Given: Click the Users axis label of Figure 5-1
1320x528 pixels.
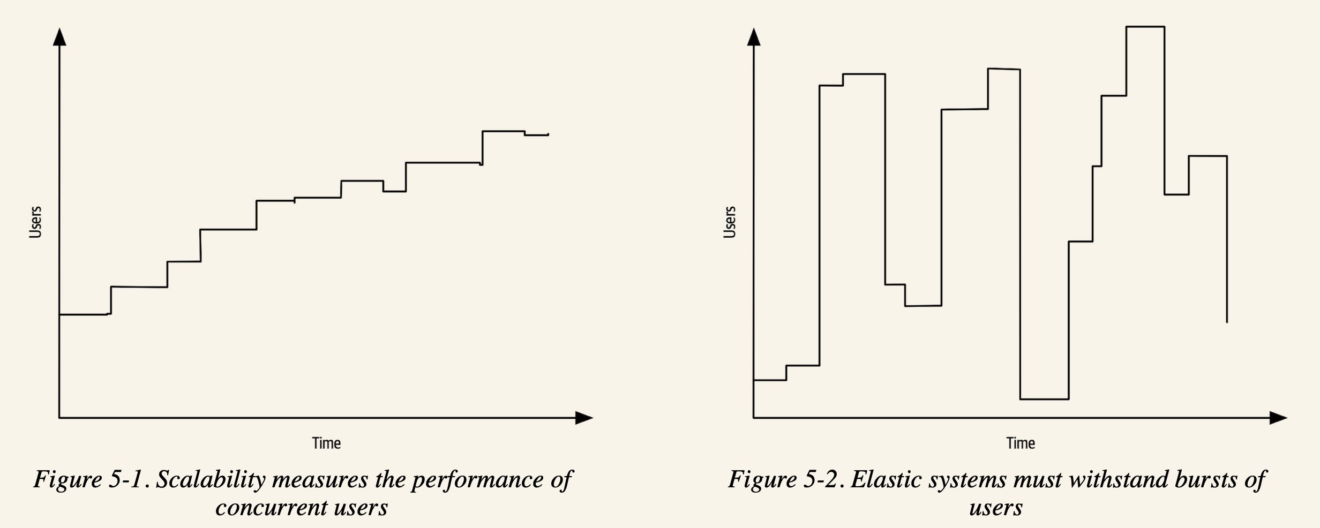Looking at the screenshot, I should (x=35, y=222).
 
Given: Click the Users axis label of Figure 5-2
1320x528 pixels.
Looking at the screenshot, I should (x=730, y=222).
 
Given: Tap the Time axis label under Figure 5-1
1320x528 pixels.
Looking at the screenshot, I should (x=326, y=443).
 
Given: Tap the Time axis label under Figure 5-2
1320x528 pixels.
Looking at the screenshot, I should (x=1021, y=443).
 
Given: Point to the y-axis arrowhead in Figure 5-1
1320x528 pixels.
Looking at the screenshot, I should (x=59, y=37).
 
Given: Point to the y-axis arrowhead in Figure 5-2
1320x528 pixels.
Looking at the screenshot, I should (x=754, y=37).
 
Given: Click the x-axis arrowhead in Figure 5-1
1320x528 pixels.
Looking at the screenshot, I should (x=584, y=418).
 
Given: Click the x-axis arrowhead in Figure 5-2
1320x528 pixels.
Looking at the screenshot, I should (x=1278, y=418).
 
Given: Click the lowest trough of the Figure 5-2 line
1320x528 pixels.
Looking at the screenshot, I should (x=1044, y=399).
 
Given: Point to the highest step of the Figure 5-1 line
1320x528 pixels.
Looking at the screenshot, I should (x=503, y=131).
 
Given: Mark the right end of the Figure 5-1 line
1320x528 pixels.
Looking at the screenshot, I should (x=547, y=134).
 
